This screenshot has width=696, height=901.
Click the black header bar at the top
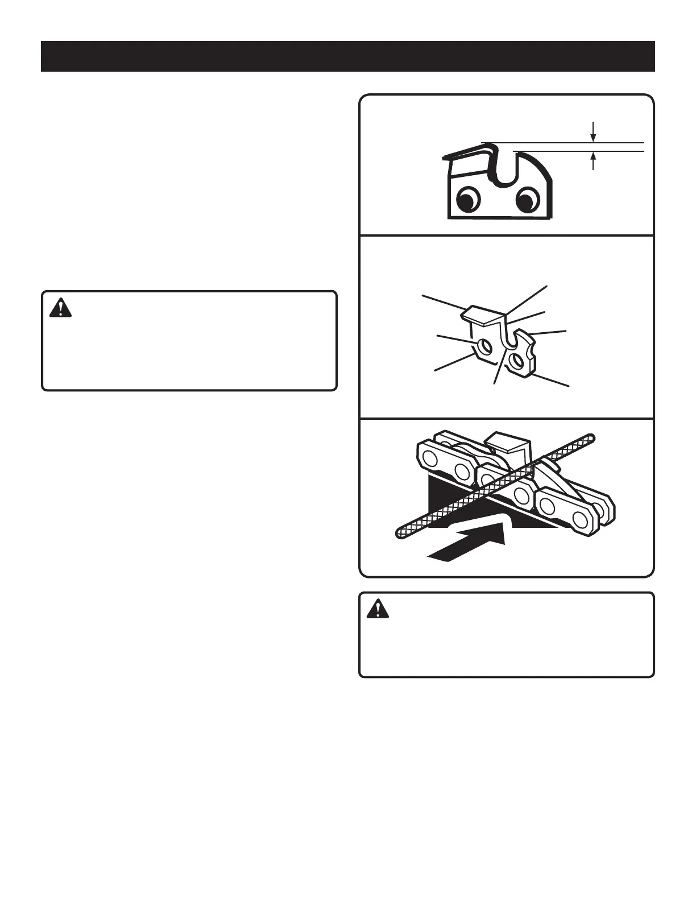tap(347, 56)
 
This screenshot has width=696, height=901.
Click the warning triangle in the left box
tap(60, 308)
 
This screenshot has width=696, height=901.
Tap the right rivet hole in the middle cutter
tap(517, 359)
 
